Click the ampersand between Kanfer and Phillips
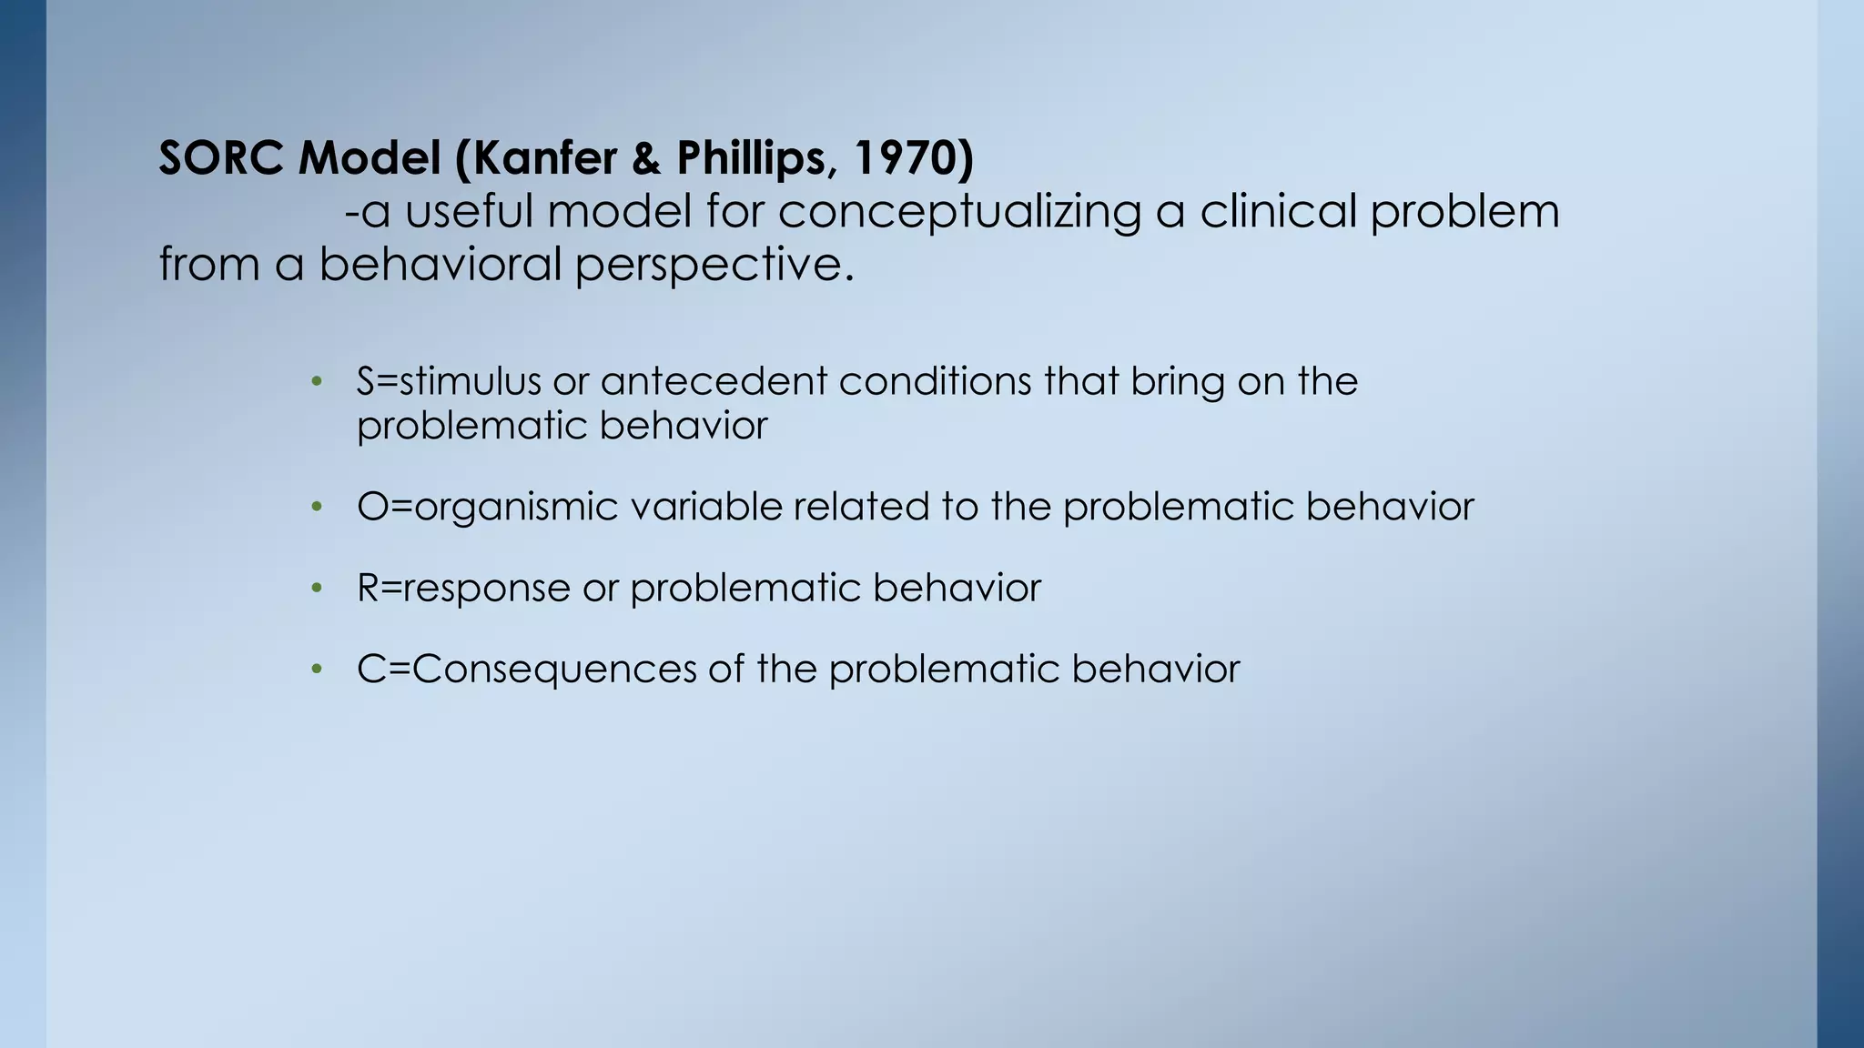(645, 158)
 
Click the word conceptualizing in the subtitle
(959, 211)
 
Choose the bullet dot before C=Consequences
(317, 670)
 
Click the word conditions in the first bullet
(935, 381)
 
